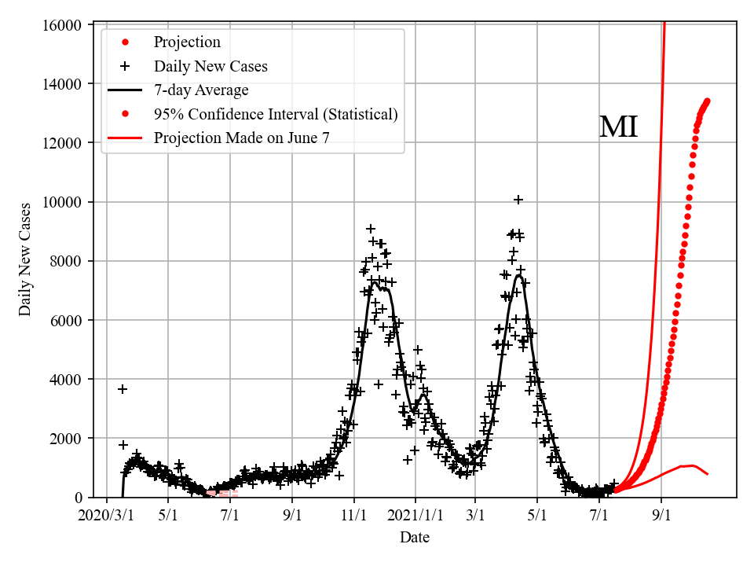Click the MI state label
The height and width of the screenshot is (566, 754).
(x=618, y=127)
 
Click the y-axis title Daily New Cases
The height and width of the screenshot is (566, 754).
(x=26, y=259)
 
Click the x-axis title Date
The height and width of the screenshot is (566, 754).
(x=414, y=538)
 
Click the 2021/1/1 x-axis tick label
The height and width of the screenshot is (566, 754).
(x=416, y=516)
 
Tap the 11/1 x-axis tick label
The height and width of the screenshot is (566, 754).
(x=353, y=516)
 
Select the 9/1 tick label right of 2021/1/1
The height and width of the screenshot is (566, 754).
(x=661, y=516)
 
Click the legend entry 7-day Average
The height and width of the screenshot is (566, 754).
(x=201, y=90)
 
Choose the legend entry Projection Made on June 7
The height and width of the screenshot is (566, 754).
(x=242, y=138)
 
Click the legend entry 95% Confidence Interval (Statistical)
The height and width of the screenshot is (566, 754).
(x=276, y=115)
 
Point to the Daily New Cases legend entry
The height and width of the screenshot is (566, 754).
(x=210, y=66)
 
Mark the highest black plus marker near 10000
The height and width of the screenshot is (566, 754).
(x=518, y=200)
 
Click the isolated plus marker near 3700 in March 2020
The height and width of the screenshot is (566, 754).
(x=123, y=389)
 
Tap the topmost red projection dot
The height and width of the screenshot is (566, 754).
(x=707, y=101)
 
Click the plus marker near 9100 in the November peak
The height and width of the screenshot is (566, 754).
(x=371, y=229)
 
